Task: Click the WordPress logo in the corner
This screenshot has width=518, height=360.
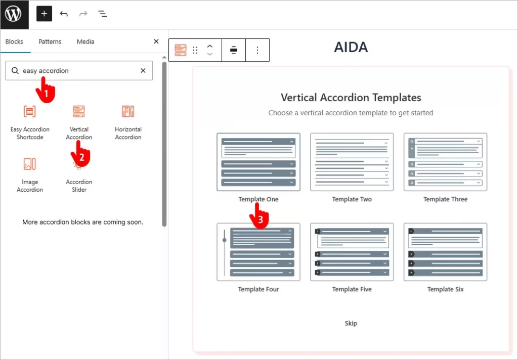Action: tap(14, 14)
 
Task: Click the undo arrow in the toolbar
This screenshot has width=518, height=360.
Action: tap(64, 14)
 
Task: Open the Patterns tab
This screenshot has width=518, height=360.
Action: tap(50, 41)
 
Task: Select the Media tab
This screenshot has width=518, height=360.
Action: tap(85, 41)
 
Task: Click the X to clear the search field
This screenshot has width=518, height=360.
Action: tap(143, 71)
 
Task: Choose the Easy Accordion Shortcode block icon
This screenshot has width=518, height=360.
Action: tap(30, 112)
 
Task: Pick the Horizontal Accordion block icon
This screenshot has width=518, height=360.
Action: tap(128, 112)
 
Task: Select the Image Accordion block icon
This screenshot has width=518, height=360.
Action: tap(30, 164)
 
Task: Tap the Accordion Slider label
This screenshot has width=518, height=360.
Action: tap(79, 186)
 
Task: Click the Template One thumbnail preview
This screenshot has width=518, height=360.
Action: tap(258, 162)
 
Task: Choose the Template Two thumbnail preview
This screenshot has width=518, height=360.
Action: tap(352, 162)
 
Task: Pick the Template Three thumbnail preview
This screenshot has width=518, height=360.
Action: tap(445, 162)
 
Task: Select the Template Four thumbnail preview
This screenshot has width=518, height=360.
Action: tap(258, 252)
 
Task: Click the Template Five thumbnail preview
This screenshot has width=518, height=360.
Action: tap(352, 252)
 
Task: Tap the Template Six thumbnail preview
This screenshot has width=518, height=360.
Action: tap(445, 252)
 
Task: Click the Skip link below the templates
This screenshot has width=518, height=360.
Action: tap(351, 323)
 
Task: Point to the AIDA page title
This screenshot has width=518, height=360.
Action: tap(351, 48)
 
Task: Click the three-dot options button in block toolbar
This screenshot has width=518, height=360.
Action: tap(257, 50)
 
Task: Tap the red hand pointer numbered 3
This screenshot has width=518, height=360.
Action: tap(258, 218)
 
